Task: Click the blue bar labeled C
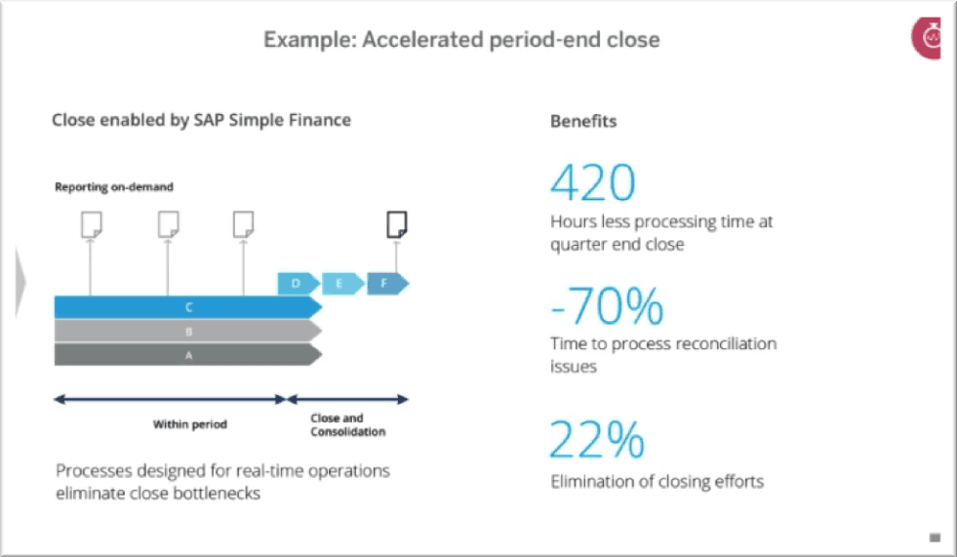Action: tap(188, 307)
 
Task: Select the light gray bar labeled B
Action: tap(188, 332)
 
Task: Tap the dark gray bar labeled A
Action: tap(188, 354)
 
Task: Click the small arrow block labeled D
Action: tap(299, 284)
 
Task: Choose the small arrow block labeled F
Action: tap(387, 284)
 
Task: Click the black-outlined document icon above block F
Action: tap(397, 224)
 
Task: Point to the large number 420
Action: tap(592, 182)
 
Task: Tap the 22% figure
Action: tap(597, 439)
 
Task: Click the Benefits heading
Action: tap(583, 121)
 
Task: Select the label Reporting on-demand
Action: tap(114, 186)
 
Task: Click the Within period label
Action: tap(190, 424)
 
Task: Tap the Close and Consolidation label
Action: tap(348, 424)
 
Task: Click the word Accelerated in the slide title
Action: tap(423, 40)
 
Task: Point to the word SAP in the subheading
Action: tap(209, 120)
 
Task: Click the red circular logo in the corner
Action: tap(927, 38)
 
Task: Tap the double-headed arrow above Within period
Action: tap(171, 400)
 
